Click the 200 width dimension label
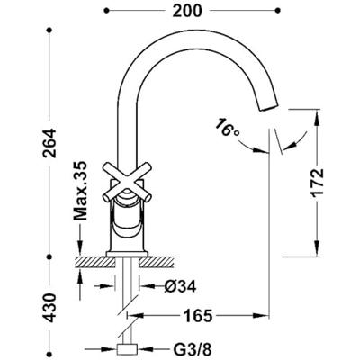point(187,11)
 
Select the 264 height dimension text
point(49,143)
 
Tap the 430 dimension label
point(49,308)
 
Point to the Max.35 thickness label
point(80,191)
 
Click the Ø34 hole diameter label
point(180,286)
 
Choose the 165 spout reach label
point(198,315)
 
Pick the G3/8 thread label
point(193,349)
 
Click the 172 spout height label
point(318,183)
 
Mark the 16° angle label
point(227,127)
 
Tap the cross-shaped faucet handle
point(127,181)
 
